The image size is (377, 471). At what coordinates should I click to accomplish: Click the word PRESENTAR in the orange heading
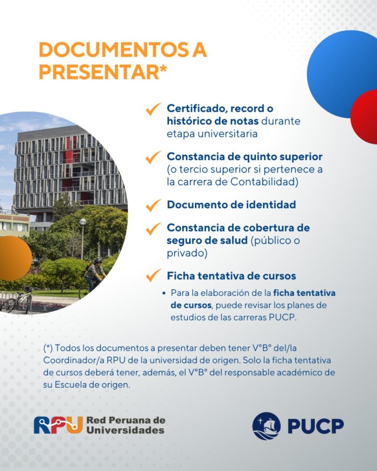click(99, 72)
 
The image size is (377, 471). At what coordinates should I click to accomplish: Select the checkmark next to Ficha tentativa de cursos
click(153, 275)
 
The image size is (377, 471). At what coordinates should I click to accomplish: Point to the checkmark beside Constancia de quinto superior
click(153, 157)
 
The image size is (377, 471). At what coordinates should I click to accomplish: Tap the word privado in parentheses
click(187, 253)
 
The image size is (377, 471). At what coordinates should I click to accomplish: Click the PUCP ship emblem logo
click(267, 426)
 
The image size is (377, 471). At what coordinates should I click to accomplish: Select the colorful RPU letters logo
click(58, 425)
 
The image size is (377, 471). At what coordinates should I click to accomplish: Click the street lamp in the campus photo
click(82, 239)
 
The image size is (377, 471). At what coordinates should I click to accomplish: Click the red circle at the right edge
click(365, 116)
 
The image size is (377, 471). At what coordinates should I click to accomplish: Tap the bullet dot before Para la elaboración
click(164, 293)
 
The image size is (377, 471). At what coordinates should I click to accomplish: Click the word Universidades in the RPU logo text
click(125, 430)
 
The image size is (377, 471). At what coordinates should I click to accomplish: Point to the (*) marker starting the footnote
click(48, 348)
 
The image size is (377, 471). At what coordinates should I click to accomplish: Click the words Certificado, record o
click(220, 109)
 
